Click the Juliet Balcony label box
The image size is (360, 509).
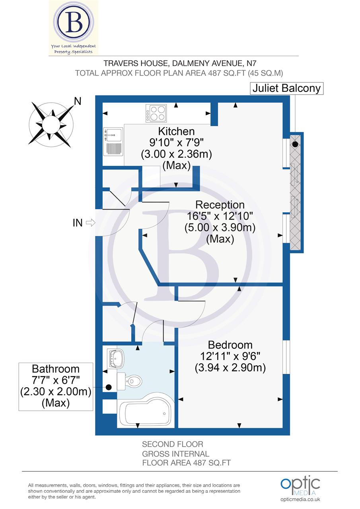[286, 88]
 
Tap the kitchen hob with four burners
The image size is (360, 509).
[156, 113]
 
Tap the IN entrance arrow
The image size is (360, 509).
[90, 223]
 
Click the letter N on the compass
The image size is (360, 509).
[78, 101]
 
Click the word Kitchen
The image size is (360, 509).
[176, 131]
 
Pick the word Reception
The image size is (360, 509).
[220, 205]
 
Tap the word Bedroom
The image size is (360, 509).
[230, 345]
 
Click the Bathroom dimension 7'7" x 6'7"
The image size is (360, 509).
[56, 380]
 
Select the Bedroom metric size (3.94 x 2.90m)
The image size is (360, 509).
[230, 368]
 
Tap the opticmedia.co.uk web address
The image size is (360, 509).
[300, 499]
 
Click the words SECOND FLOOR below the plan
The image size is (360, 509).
[173, 444]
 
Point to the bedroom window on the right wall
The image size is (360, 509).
[286, 357]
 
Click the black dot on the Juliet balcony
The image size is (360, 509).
[295, 145]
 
